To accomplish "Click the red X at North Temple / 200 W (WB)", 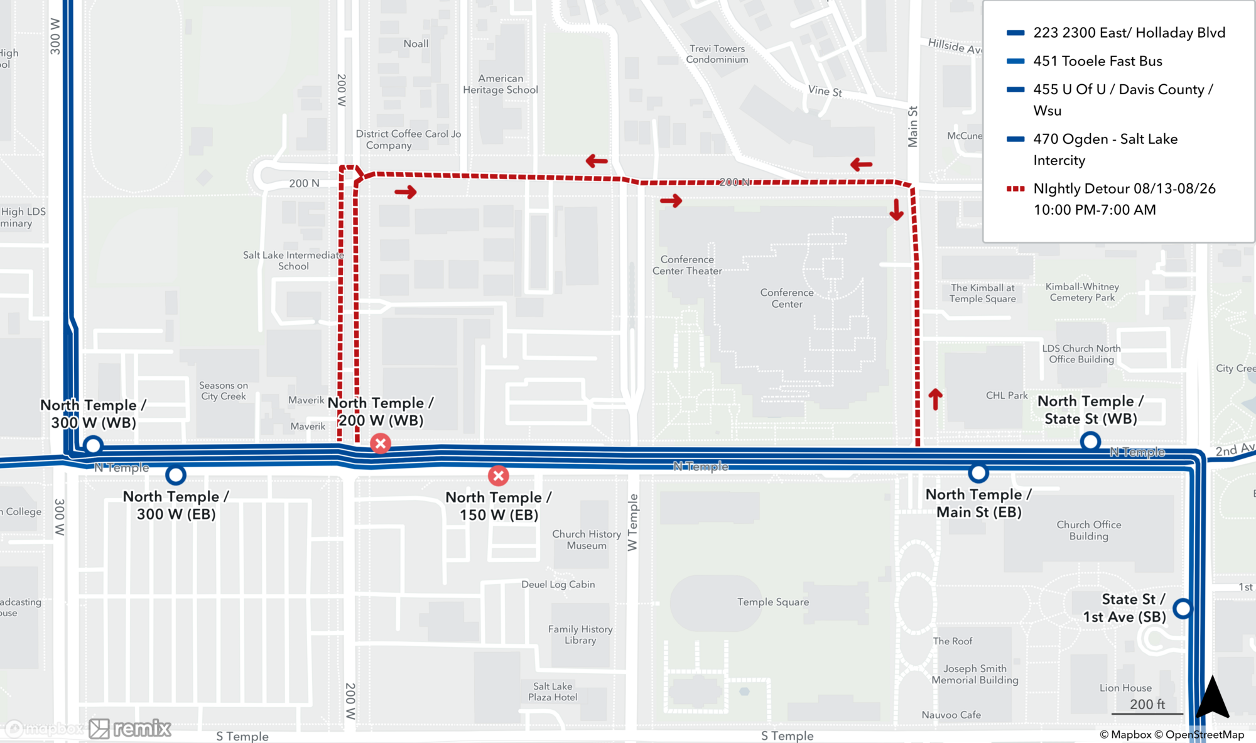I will tap(380, 443).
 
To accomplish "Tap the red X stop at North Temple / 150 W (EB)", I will tap(499, 475).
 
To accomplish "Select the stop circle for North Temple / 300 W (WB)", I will tap(93, 445).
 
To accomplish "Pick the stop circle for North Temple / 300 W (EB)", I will tap(176, 475).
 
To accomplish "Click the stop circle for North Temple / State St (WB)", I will tap(1090, 442).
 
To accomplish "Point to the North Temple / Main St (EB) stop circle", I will tap(978, 472).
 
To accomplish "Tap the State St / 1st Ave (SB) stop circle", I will tap(1183, 608).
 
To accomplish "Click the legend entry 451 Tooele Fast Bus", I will tap(1097, 61).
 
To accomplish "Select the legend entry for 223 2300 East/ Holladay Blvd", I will tap(1129, 33).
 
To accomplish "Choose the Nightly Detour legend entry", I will tap(1123, 198).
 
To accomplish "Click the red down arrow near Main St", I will tap(896, 210).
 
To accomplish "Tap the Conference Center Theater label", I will tap(687, 265).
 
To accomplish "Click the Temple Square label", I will tap(772, 602).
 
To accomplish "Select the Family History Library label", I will tap(580, 634).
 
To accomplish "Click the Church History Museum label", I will tap(586, 540).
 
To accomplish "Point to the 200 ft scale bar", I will tap(1147, 707).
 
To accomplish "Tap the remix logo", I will tap(130, 729).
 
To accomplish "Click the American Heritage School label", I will tap(500, 84).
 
